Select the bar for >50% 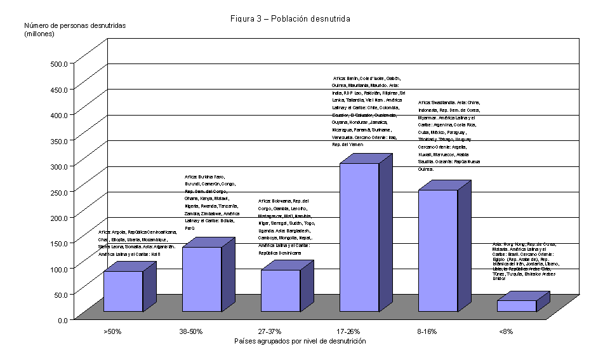pyautogui.click(x=123, y=291)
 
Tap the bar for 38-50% pyautogui.click(x=202, y=279)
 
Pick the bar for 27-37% pyautogui.click(x=281, y=290)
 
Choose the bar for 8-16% pyautogui.click(x=438, y=250)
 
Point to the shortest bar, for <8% pyautogui.click(x=516, y=305)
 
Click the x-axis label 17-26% pyautogui.click(x=348, y=331)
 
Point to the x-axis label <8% pyautogui.click(x=505, y=331)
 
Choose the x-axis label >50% pyautogui.click(x=112, y=331)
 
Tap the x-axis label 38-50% pyautogui.click(x=191, y=331)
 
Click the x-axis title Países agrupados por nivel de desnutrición pyautogui.click(x=300, y=341)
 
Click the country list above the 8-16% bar pyautogui.click(x=449, y=135)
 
